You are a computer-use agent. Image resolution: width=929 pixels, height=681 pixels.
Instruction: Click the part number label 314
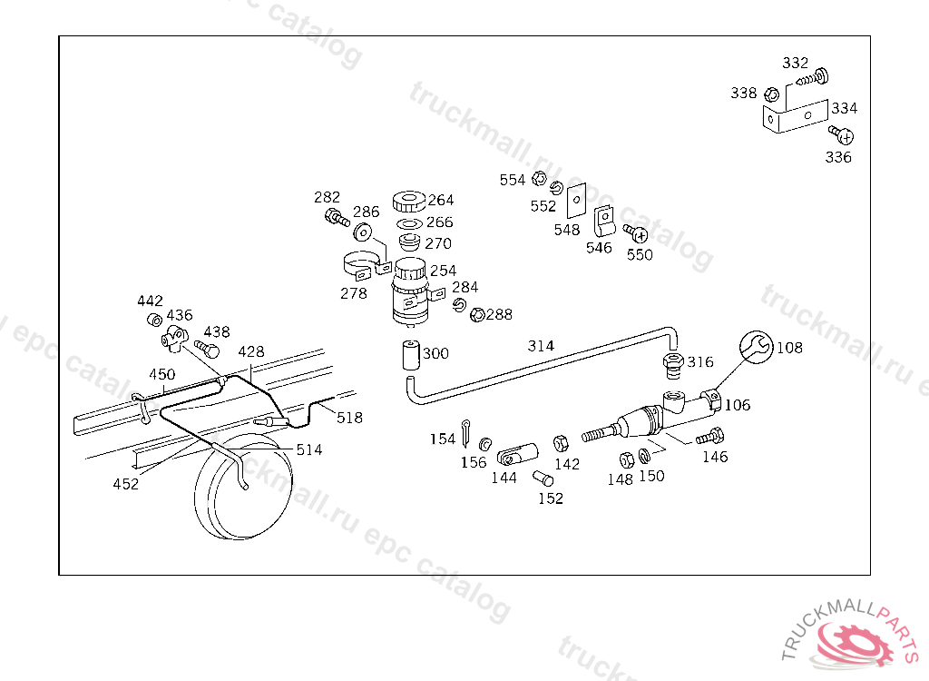coord(541,346)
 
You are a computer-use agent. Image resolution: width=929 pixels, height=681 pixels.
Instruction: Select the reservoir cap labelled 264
coord(409,201)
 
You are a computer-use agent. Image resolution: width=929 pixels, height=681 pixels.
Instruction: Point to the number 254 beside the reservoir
coord(443,271)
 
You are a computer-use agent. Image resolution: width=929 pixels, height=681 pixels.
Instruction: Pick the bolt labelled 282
coord(337,218)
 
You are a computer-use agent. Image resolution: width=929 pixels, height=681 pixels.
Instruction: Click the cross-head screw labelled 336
coord(841,135)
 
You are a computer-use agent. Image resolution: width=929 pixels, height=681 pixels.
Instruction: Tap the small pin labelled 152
coord(543,478)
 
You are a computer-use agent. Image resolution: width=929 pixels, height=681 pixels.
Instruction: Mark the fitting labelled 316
coord(672,365)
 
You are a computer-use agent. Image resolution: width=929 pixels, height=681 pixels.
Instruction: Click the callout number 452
coord(125,484)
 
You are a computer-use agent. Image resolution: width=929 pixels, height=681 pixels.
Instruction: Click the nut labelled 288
coord(478,314)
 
